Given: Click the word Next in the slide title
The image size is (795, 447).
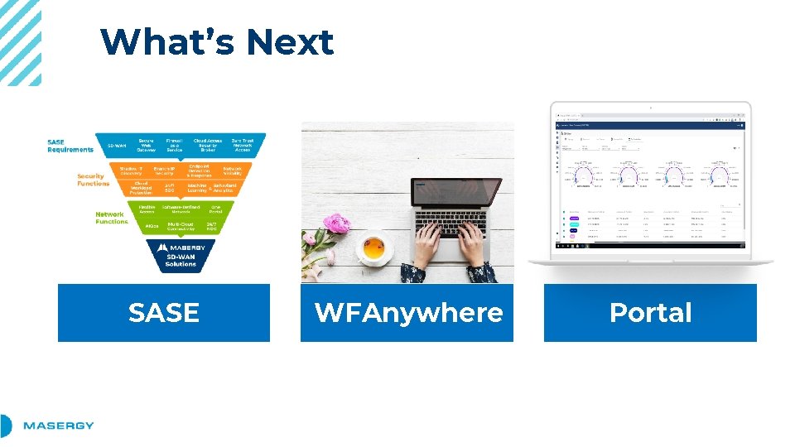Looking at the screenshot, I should pyautogui.click(x=290, y=42).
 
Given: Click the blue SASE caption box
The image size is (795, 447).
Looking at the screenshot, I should pyautogui.click(x=164, y=312).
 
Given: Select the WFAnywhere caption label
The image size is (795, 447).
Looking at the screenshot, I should pyautogui.click(x=407, y=312).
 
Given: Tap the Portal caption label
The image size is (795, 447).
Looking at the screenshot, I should pyautogui.click(x=650, y=312).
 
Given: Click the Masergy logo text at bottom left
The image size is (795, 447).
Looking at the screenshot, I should pyautogui.click(x=58, y=425).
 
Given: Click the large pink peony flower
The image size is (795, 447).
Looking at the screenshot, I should pyautogui.click(x=336, y=223).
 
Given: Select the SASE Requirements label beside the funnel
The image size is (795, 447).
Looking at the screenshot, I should pyautogui.click(x=70, y=146).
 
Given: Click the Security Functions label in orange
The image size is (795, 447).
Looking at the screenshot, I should pyautogui.click(x=93, y=180).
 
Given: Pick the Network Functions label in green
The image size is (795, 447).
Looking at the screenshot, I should pyautogui.click(x=111, y=218).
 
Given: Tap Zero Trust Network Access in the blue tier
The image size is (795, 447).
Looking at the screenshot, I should pyautogui.click(x=243, y=146).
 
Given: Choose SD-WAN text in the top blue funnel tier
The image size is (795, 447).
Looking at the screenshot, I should pyautogui.click(x=118, y=147).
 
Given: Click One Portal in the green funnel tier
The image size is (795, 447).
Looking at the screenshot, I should pyautogui.click(x=215, y=209).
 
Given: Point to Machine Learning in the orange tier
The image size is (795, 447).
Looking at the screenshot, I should pyautogui.click(x=197, y=188).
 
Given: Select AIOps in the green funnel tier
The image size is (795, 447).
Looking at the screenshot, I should pyautogui.click(x=152, y=225).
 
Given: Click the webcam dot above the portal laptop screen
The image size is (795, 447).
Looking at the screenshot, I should pyautogui.click(x=650, y=107).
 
